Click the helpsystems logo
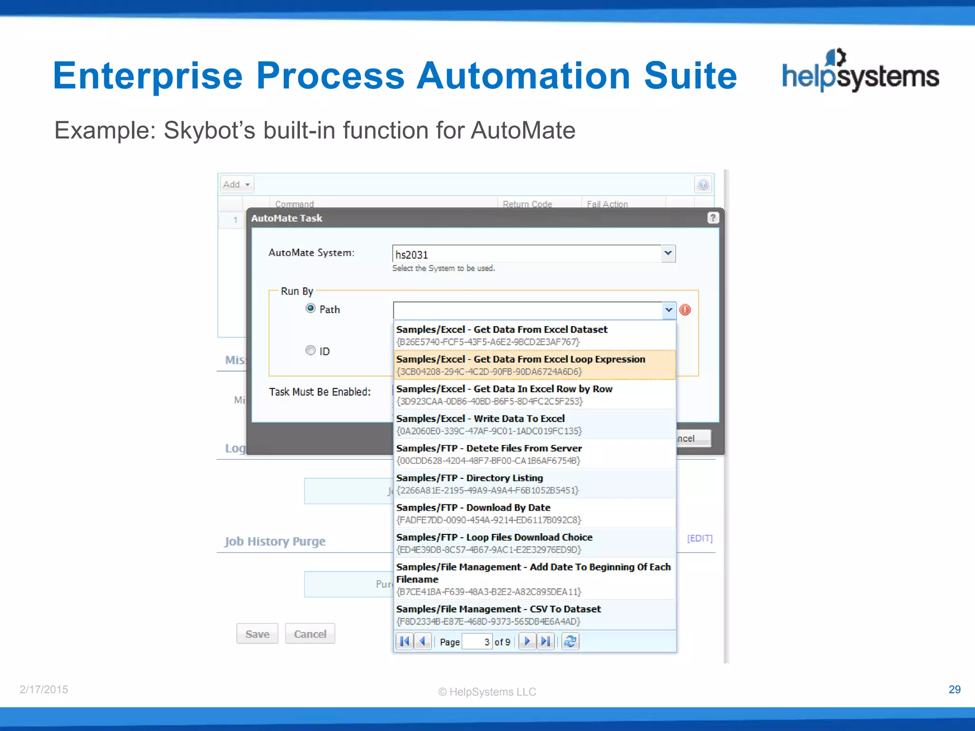860,71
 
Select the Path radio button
310,308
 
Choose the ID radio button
310,351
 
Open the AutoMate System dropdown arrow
668,253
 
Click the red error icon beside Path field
685,310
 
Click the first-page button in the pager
405,642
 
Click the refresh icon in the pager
570,642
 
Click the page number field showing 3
478,642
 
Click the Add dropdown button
237,184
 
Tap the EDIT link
699,538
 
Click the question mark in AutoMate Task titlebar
712,218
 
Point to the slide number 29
954,690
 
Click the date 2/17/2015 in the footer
44,690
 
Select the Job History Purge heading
275,542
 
